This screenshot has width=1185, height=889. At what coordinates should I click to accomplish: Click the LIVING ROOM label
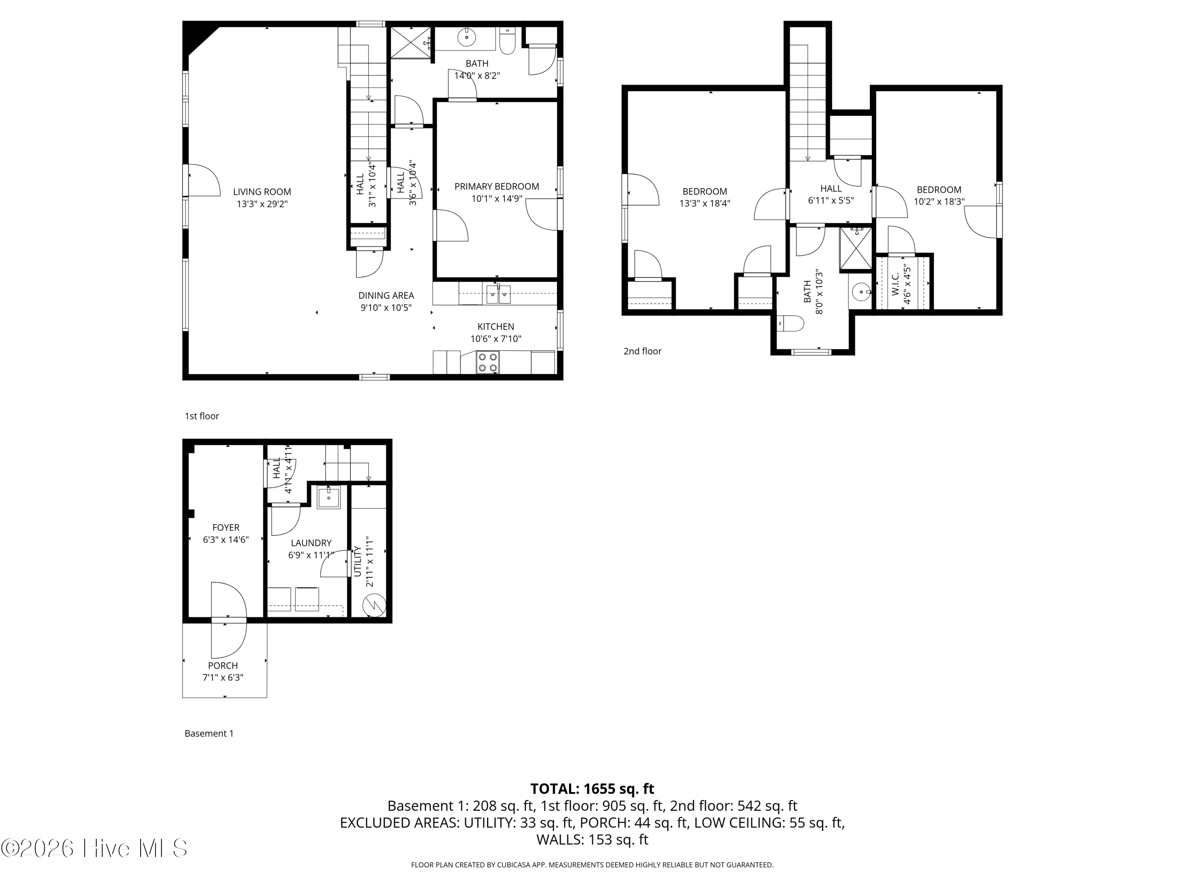262,192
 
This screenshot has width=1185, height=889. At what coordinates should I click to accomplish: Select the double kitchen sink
498,295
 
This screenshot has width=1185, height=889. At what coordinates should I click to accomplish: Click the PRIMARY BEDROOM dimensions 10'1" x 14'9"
497,199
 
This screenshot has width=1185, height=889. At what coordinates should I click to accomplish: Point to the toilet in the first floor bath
507,41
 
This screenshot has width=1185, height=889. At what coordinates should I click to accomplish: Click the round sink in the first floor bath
466,38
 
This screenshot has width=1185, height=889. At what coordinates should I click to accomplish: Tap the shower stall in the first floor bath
410,42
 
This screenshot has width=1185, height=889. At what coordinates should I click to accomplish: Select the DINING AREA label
386,295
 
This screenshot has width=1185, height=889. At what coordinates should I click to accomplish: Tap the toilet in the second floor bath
791,324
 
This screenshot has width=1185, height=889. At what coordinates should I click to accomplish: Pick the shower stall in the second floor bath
856,249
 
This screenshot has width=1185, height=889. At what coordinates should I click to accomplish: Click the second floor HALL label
831,188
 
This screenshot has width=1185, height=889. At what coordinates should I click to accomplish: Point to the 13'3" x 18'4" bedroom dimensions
704,203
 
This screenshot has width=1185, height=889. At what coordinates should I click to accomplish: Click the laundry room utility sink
328,498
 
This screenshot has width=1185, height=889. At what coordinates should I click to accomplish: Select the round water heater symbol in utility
374,606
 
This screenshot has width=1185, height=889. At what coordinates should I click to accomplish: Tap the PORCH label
223,665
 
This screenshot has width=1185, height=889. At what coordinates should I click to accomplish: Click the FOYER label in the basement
226,528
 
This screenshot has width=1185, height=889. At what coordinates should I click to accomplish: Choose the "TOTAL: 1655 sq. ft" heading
592,789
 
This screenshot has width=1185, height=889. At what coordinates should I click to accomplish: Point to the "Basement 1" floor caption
209,734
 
